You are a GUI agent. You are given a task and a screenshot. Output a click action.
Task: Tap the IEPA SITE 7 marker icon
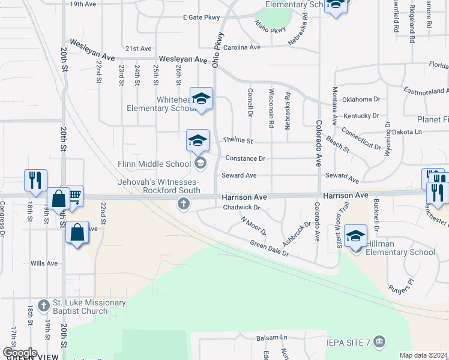point(379,342)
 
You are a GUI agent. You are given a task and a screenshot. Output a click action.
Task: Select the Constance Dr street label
point(245,158)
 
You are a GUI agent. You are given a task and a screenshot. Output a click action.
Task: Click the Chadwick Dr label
point(240,208)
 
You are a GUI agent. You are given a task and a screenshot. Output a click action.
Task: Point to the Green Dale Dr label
point(269,248)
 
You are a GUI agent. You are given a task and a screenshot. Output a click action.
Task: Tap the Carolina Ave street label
point(243,47)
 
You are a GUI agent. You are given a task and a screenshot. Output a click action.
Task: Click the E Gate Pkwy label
point(202,17)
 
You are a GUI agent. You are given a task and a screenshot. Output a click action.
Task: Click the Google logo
point(20,353)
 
